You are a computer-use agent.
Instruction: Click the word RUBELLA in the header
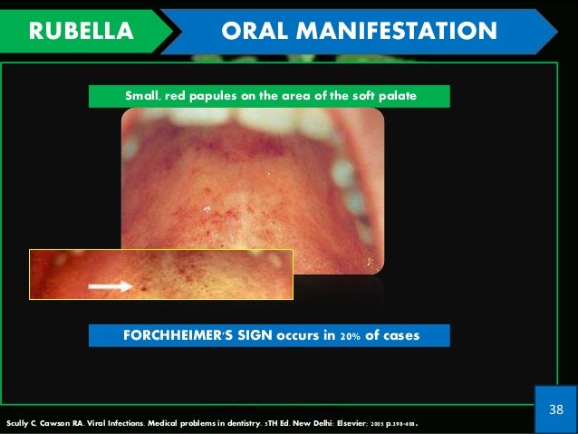point(81,32)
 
